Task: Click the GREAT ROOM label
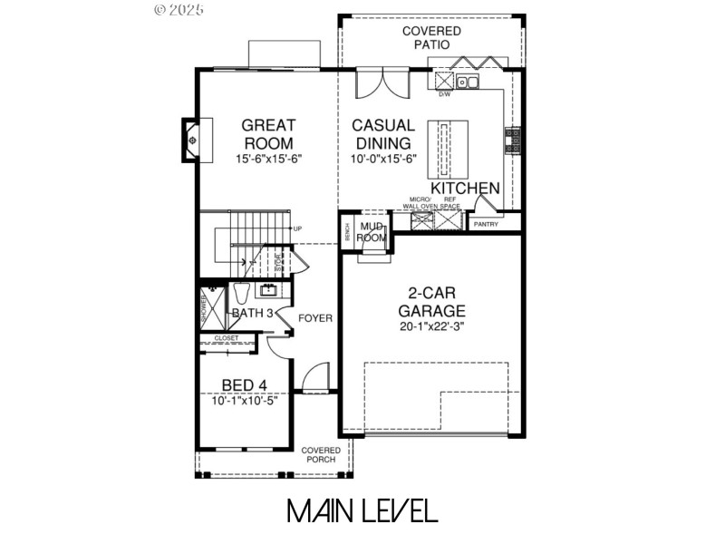coord(267,133)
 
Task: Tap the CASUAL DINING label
coord(382,133)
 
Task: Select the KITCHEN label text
coord(465,188)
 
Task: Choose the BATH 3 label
coord(252,313)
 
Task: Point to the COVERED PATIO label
coord(431,37)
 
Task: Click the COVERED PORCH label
coord(321,455)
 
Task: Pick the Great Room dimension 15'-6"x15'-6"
coord(267,158)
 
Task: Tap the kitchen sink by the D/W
coord(468,83)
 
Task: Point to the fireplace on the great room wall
coord(192,140)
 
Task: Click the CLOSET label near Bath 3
coord(227,338)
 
